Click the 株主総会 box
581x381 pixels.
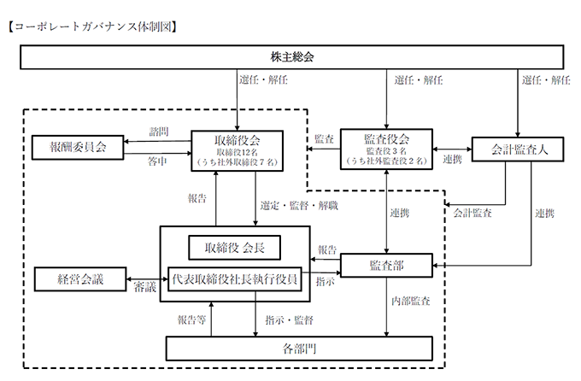click(x=291, y=57)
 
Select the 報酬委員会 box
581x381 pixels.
click(x=77, y=147)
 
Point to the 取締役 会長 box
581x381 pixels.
click(x=235, y=248)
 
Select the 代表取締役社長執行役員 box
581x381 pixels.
click(x=236, y=278)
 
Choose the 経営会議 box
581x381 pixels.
click(x=79, y=278)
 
